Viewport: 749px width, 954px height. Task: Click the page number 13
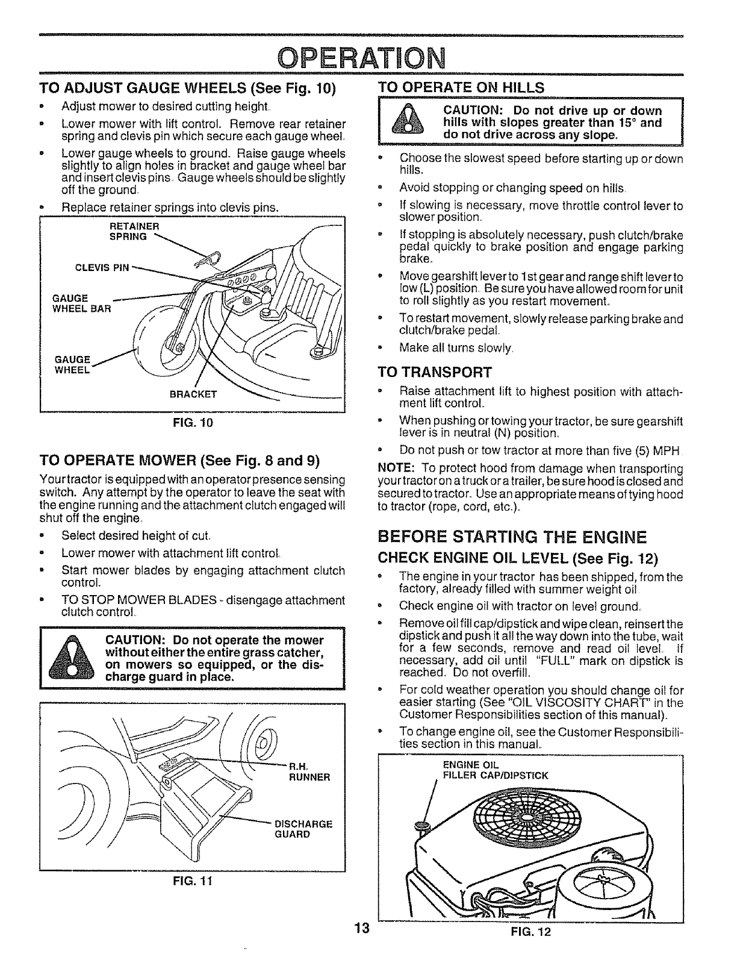pos(361,929)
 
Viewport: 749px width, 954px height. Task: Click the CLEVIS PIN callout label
pos(105,267)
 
